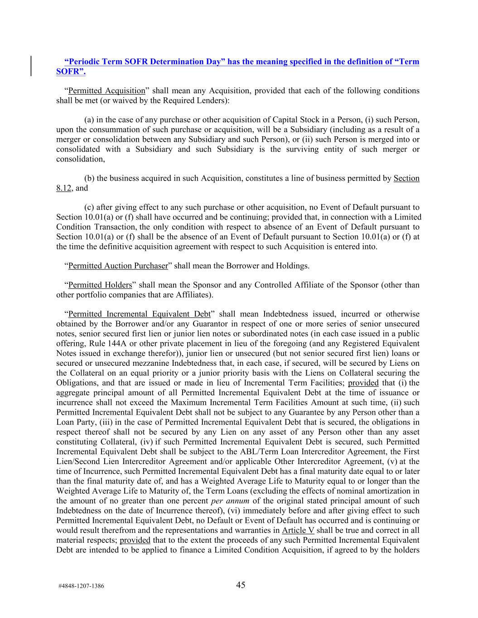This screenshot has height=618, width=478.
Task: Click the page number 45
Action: click(241, 585)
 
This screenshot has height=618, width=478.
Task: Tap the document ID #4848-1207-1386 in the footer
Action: click(82, 586)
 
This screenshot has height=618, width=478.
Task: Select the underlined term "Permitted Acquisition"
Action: click(106, 91)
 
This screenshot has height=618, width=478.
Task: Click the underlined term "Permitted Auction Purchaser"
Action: click(118, 266)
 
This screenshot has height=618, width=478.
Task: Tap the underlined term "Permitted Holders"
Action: click(100, 285)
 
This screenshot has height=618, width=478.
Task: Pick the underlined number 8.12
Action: click(63, 188)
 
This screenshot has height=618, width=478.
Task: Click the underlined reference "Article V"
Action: click(298, 530)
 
